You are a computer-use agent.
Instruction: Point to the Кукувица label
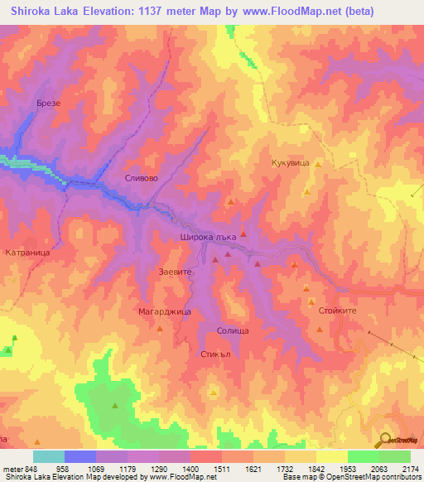pyautogui.click(x=290, y=164)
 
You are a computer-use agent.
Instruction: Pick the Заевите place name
pyautogui.click(x=175, y=271)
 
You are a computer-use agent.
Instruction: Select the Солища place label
pyautogui.click(x=233, y=330)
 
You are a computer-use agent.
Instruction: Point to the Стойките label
pyautogui.click(x=337, y=310)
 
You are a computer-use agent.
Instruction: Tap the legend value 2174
pyautogui.click(x=410, y=468)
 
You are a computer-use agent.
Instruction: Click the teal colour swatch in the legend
pyautogui.click(x=49, y=456)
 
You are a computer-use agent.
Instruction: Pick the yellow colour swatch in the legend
pyautogui.click(x=331, y=456)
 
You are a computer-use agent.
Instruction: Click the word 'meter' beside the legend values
pyautogui.click(x=11, y=468)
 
